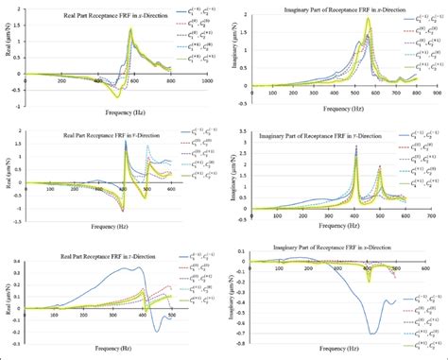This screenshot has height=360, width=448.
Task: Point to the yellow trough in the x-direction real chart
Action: (x=116, y=96)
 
